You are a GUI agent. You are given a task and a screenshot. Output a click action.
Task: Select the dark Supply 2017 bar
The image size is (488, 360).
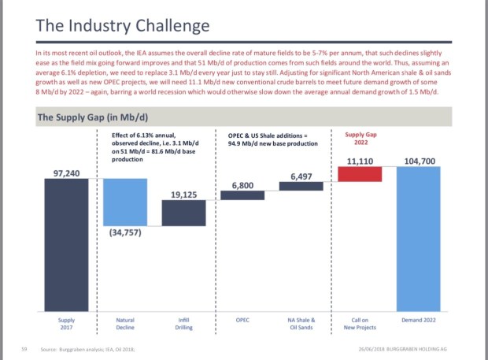pyautogui.click(x=66, y=243)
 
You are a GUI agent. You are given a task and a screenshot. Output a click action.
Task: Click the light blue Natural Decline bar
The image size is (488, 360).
pyautogui.click(x=124, y=201)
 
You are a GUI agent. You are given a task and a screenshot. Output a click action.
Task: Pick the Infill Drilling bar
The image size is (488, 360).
pyautogui.click(x=183, y=213)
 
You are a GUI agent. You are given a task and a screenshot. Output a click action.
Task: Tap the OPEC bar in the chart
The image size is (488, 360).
pyautogui.click(x=242, y=195)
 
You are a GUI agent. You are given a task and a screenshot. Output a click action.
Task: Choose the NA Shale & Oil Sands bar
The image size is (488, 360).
pyautogui.click(x=301, y=186)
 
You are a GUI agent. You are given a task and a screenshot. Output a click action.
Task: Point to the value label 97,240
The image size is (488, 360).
pyautogui.click(x=67, y=172)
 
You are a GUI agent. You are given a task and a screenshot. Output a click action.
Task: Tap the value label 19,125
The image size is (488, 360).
pyautogui.click(x=183, y=194)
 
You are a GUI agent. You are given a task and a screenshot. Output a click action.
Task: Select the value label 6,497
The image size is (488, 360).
pyautogui.click(x=301, y=176)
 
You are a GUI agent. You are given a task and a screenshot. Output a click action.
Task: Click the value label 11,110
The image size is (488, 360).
pyautogui.click(x=360, y=161)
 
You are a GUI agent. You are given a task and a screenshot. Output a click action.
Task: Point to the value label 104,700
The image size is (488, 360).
pyautogui.click(x=420, y=161)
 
